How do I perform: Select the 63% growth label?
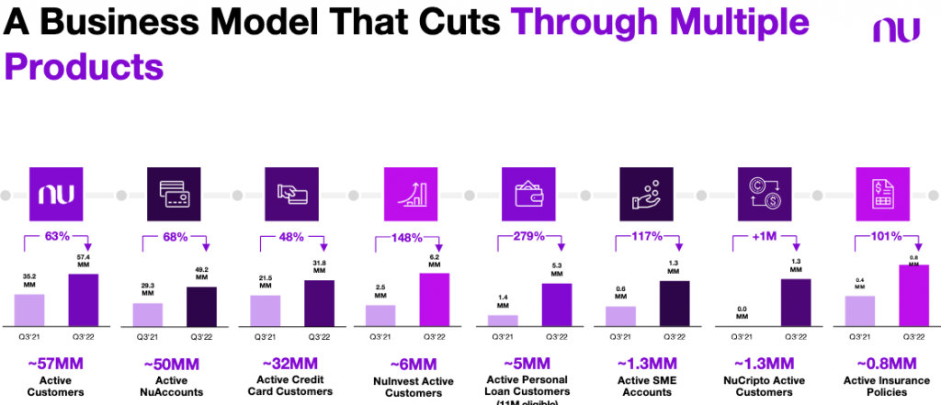point(58,237)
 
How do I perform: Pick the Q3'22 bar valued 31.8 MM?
point(319,302)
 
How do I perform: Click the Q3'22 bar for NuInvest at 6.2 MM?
point(435,298)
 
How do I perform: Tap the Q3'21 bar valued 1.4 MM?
point(503,320)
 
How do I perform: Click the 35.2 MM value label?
point(30,279)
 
